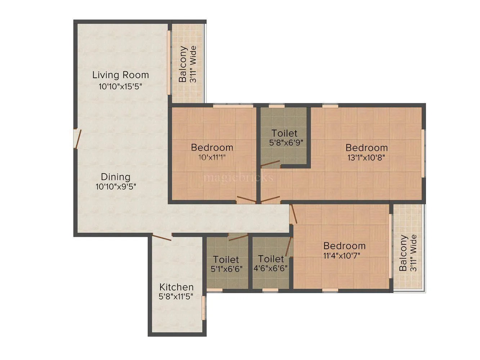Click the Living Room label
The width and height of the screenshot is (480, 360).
tap(120, 75)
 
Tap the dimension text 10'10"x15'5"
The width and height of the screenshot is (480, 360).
tap(120, 86)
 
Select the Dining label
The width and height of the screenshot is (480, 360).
tap(115, 177)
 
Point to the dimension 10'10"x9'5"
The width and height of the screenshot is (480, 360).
tap(116, 187)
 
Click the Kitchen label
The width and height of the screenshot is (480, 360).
tap(176, 287)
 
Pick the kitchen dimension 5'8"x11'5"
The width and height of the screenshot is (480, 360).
tap(176, 297)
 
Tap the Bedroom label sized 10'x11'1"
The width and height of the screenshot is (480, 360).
tap(212, 147)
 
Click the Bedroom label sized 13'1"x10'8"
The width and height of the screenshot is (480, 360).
tap(367, 148)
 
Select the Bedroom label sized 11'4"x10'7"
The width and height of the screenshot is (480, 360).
tap(344, 246)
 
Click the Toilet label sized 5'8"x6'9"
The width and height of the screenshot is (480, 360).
tap(284, 133)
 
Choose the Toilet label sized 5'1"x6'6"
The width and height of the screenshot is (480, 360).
tap(226, 259)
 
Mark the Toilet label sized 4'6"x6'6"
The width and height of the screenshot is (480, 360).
tap(271, 259)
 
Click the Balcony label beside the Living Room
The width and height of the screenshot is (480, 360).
tap(183, 64)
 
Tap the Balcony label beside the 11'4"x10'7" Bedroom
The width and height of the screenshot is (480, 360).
tap(403, 253)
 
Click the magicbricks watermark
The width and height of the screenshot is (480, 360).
tap(238, 177)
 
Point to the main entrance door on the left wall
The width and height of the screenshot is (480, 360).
tap(76, 139)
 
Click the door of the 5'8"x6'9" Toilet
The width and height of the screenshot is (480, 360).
tap(270, 165)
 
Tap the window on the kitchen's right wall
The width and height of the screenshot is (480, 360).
tap(203, 306)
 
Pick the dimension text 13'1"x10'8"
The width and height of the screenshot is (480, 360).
tap(367, 157)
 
